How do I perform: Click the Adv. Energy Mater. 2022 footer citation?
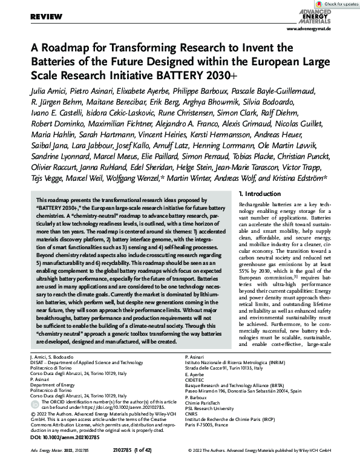point(55,467)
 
